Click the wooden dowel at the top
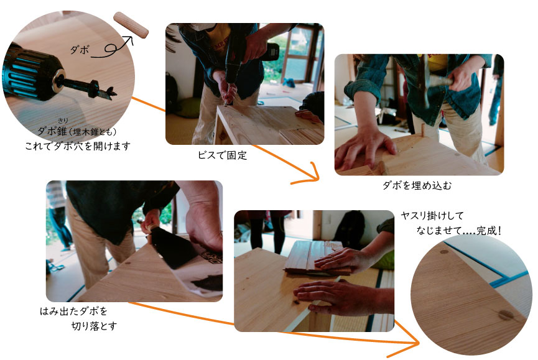pyautogui.click(x=131, y=25)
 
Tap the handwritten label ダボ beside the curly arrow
pyautogui.click(x=80, y=50)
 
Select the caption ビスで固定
pyautogui.click(x=222, y=155)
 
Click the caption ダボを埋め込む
pyautogui.click(x=417, y=185)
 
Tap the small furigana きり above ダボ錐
pyautogui.click(x=62, y=121)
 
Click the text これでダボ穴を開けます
pyautogui.click(x=78, y=146)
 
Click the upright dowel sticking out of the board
pyautogui.click(x=424, y=132)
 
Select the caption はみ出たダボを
pyautogui.click(x=74, y=312)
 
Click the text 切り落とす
pyautogui.click(x=94, y=326)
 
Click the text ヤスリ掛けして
pyautogui.click(x=432, y=216)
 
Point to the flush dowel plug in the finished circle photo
pyautogui.click(x=506, y=315)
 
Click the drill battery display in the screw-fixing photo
pyautogui.click(x=274, y=52)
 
